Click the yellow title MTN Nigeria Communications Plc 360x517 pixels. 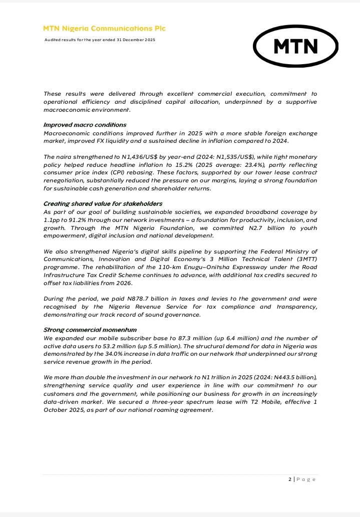(104, 29)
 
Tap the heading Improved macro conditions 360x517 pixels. (85, 125)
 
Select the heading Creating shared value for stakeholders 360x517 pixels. (103, 204)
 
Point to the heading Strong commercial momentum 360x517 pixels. (90, 330)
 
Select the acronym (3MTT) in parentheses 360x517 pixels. (304, 259)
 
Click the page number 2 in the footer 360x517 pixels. (290, 479)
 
